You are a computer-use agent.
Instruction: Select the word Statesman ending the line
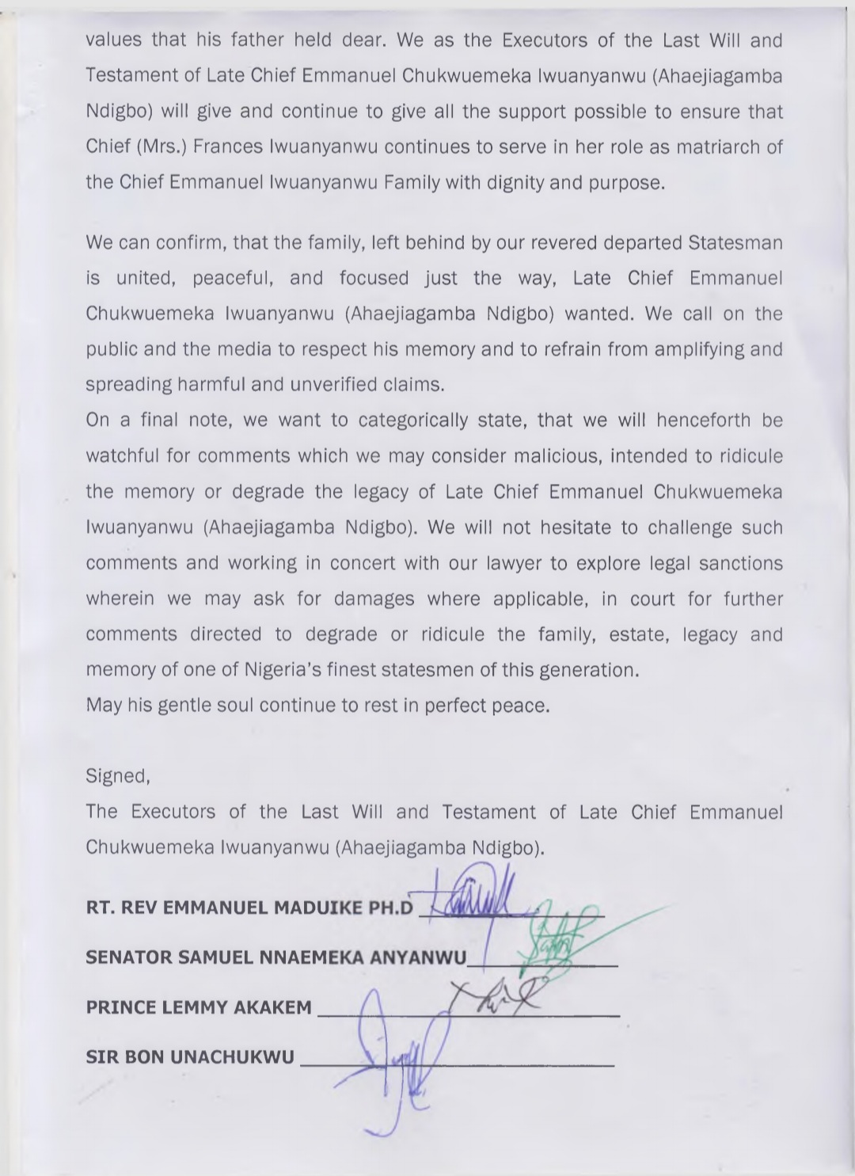click(x=735, y=242)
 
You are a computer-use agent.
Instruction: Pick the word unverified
click(x=351, y=385)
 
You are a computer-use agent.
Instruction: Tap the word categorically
click(x=413, y=421)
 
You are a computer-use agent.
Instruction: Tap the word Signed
click(x=117, y=776)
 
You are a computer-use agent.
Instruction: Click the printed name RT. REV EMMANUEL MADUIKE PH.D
click(x=249, y=908)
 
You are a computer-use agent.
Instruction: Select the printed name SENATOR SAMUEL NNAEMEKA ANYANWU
click(x=275, y=957)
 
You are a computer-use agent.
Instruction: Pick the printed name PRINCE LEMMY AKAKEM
click(x=199, y=1008)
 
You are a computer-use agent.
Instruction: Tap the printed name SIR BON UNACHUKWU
click(x=190, y=1057)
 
